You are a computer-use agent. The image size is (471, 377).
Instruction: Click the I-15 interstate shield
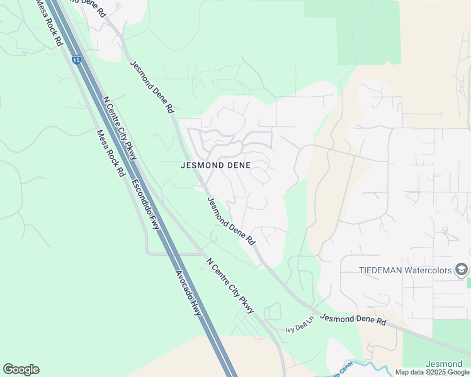coord(76,60)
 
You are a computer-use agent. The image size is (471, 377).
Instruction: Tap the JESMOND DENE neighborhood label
coord(215,166)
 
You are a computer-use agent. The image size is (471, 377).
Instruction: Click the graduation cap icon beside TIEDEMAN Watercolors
coord(462,270)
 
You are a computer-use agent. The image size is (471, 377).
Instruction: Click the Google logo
coord(21,369)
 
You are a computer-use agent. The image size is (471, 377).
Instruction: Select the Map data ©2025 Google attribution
coord(432,372)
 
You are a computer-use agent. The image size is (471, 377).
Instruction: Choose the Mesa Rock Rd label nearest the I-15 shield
coord(50,23)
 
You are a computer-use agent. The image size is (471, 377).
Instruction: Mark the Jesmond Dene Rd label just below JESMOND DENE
coord(231,221)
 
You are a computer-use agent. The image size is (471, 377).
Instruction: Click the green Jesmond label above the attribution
coord(444,364)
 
